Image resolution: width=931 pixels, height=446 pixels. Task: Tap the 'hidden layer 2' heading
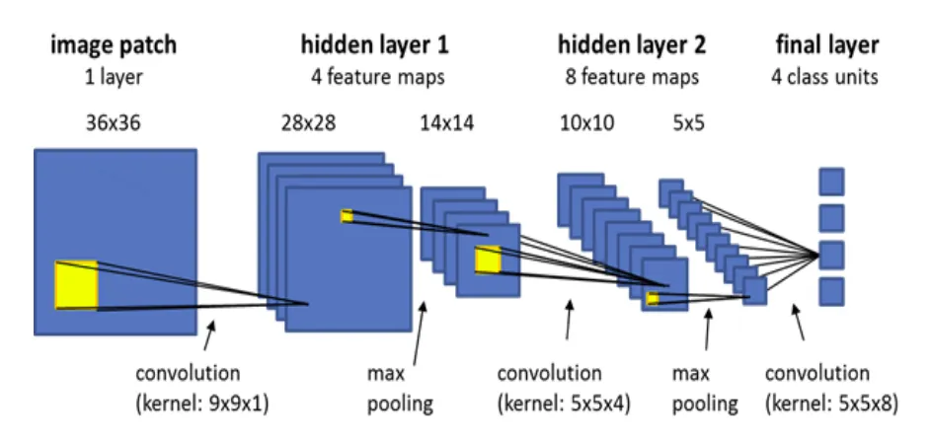coord(632,44)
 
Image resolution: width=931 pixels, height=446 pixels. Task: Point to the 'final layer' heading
coord(827,44)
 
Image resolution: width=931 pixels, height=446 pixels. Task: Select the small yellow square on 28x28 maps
coord(347,216)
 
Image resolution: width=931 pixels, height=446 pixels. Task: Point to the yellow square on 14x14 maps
coord(488,260)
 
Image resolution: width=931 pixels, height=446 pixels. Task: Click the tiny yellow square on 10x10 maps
coord(653,297)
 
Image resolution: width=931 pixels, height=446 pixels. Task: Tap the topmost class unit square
coord(831,182)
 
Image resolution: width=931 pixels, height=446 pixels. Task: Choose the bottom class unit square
coord(831,291)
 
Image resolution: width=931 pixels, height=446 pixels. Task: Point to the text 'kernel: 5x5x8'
coord(831,403)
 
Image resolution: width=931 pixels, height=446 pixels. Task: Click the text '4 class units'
coord(827,77)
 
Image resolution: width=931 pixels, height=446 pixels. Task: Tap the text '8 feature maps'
coord(632,77)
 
